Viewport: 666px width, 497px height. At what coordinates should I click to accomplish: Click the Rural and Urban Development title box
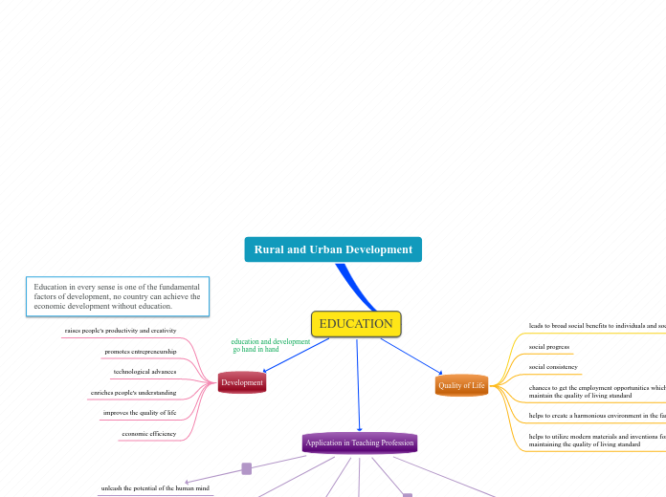(x=333, y=249)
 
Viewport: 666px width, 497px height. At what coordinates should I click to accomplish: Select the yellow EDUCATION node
(x=356, y=324)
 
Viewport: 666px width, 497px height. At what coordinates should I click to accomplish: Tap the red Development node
(x=242, y=382)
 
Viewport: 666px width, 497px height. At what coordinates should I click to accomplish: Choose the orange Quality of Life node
(x=461, y=385)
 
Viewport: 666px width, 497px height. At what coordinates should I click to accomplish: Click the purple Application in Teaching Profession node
(x=360, y=443)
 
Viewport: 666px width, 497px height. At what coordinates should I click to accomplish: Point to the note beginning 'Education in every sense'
(x=117, y=296)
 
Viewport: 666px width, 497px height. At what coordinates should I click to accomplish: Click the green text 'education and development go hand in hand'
(x=270, y=345)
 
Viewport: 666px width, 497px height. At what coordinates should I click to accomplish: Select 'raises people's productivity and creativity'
(x=121, y=331)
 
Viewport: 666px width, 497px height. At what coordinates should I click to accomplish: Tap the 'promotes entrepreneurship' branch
(x=141, y=352)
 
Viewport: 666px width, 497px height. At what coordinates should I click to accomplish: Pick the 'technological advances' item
(x=144, y=372)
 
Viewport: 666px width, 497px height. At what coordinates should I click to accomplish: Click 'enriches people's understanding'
(x=133, y=393)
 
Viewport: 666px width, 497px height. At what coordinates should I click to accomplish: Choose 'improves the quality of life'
(x=140, y=413)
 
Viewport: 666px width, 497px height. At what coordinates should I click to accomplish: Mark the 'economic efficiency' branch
(x=149, y=434)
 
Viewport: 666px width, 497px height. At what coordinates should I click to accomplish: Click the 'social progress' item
(x=549, y=347)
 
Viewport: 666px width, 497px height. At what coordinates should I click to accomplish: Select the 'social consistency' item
(x=553, y=367)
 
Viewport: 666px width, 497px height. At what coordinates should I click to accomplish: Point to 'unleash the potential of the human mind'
(x=155, y=488)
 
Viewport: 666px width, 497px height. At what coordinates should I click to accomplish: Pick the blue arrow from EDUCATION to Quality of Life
(x=411, y=356)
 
